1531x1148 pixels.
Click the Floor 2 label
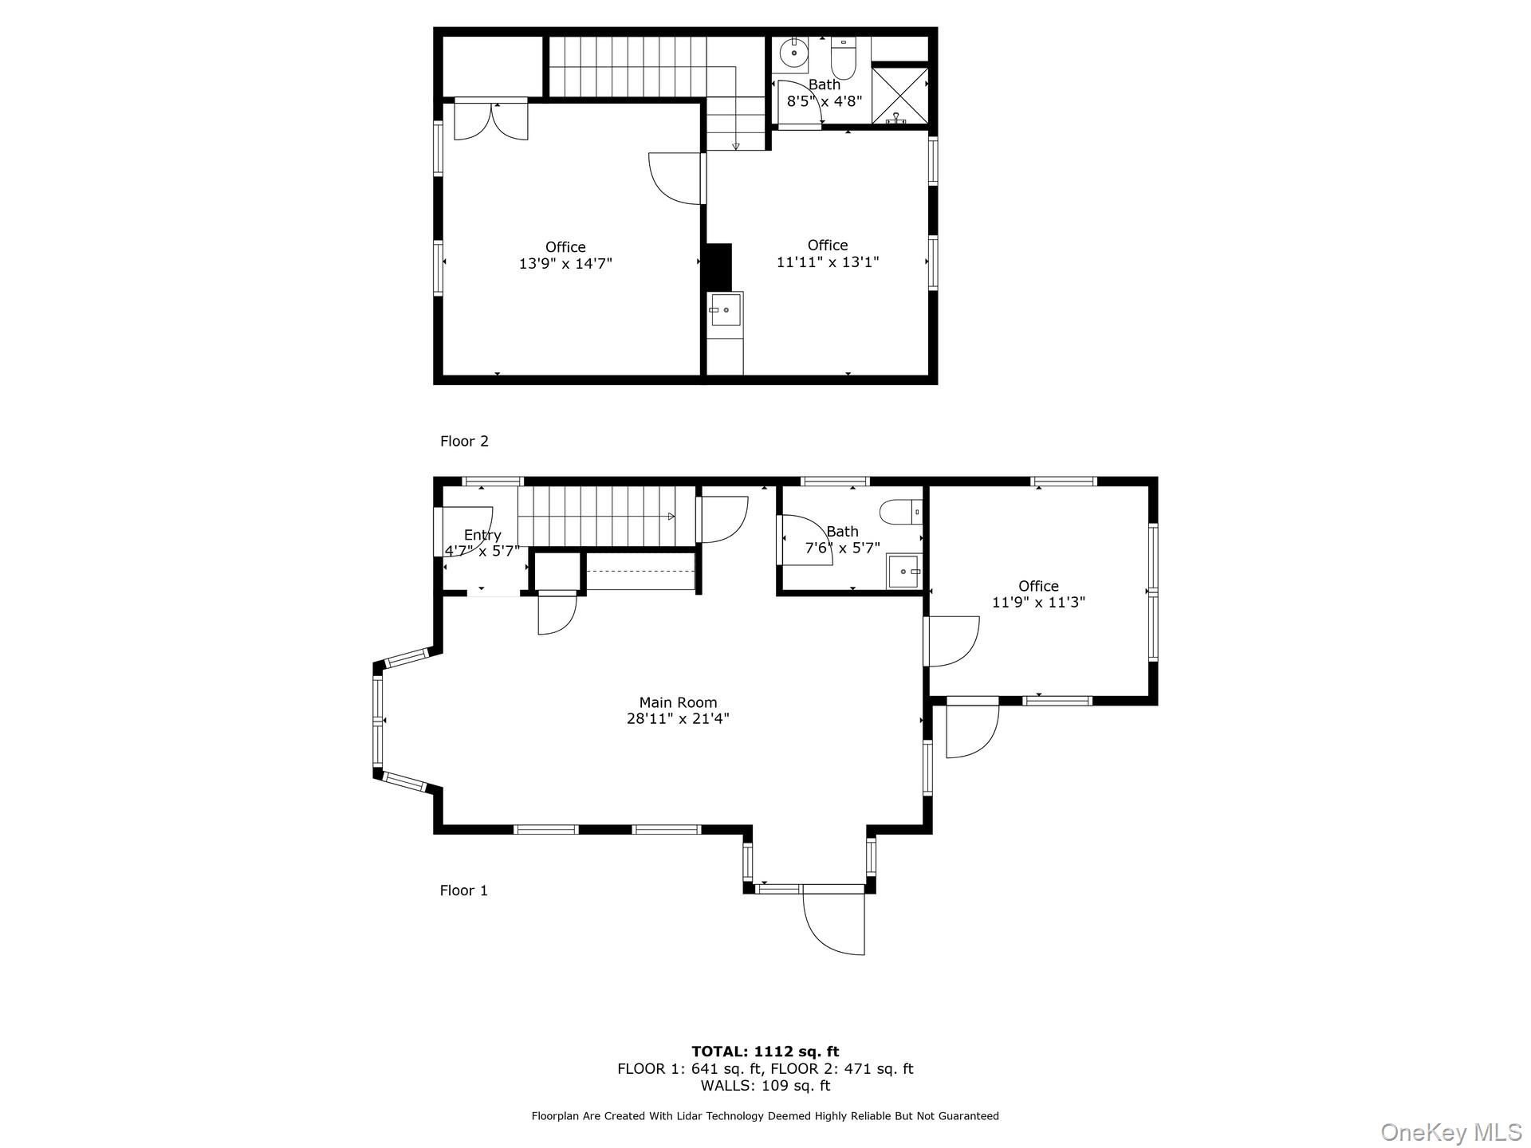click(464, 441)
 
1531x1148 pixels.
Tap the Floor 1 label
click(463, 890)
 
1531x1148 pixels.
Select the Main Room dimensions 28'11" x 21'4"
click(678, 718)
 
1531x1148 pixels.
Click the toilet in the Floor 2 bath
click(843, 57)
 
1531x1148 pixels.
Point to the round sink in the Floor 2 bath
click(793, 53)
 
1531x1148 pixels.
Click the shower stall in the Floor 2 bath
click(899, 96)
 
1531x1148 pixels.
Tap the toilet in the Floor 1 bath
click(900, 511)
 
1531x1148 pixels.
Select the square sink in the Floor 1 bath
click(903, 571)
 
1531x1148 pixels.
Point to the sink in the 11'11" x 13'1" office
click(726, 309)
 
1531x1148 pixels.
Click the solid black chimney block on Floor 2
click(718, 267)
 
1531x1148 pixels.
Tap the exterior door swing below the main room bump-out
click(834, 921)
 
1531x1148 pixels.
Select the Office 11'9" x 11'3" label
click(1038, 594)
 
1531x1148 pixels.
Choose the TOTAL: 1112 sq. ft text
click(765, 1052)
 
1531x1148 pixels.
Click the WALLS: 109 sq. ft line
click(765, 1086)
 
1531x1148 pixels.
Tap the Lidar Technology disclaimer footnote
click(765, 1116)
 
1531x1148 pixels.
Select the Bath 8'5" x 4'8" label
click(825, 93)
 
